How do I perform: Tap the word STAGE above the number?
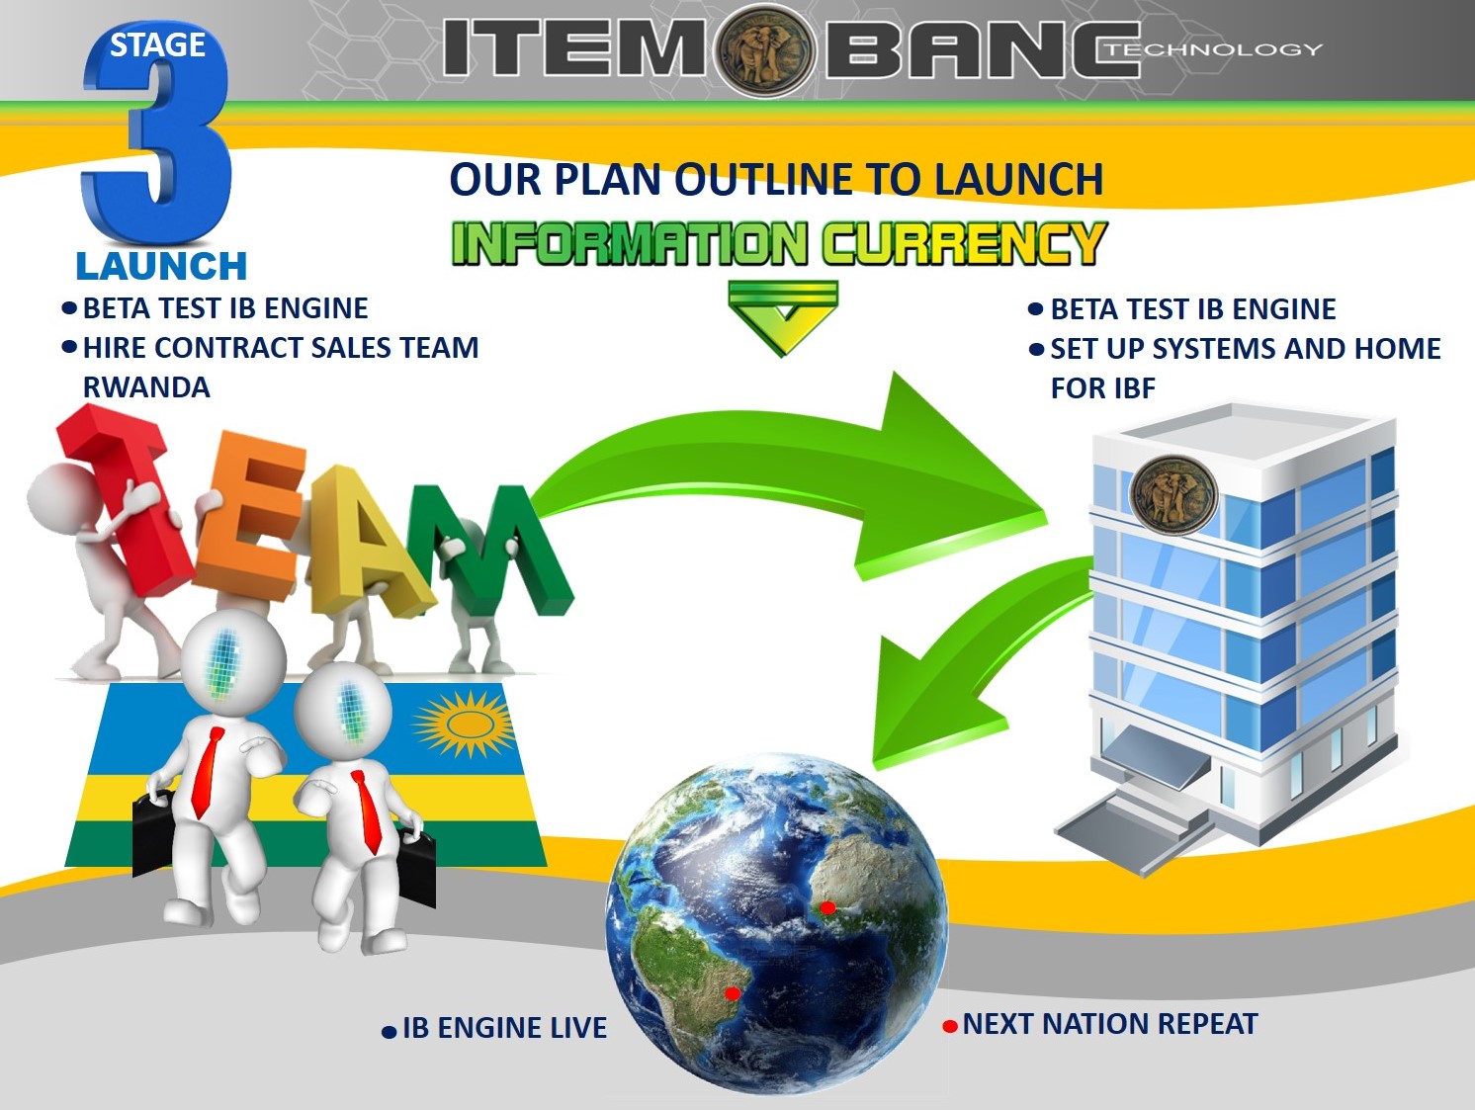coord(157,45)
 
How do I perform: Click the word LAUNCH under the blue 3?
coord(161,266)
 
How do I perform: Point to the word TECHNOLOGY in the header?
coord(1215,49)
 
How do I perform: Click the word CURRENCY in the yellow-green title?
coord(965,242)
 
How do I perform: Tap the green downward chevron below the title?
coord(783,317)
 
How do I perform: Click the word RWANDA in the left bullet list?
coord(146,387)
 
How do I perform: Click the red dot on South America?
coord(733,992)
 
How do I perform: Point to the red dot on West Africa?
coord(827,907)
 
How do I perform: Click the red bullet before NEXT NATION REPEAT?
coord(950,1026)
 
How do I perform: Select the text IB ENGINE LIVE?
coord(504,1028)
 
